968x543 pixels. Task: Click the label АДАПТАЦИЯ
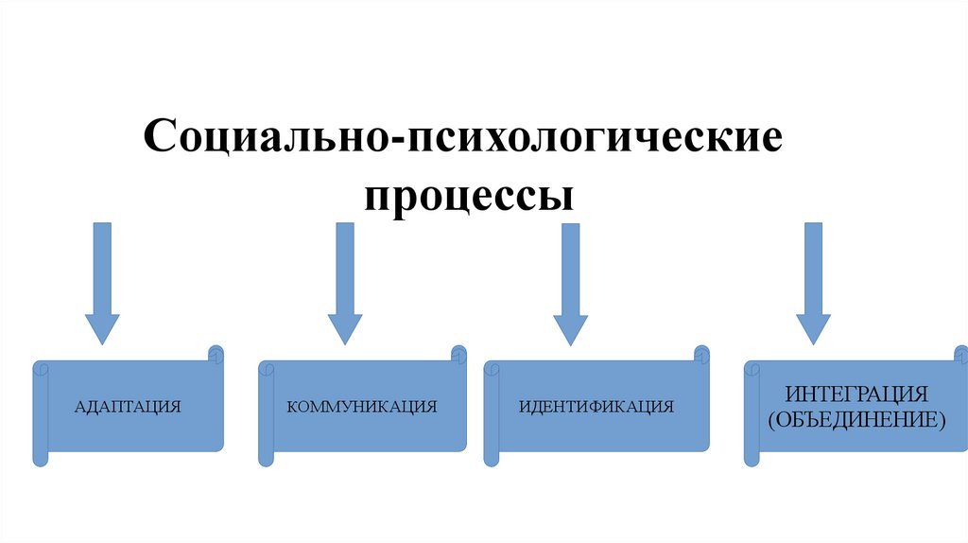tap(128, 408)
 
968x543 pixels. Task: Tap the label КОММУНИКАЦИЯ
tap(362, 408)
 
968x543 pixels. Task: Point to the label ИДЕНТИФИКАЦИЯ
tap(596, 408)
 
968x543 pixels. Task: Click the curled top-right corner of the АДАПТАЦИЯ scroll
tap(216, 354)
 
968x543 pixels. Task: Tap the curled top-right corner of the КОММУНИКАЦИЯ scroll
tap(458, 354)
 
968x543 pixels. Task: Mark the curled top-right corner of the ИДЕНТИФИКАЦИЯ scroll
tap(701, 354)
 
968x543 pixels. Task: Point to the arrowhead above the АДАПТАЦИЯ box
tap(102, 327)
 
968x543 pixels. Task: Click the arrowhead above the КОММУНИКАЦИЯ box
tap(345, 327)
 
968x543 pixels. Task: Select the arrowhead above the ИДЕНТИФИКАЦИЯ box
tap(570, 327)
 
